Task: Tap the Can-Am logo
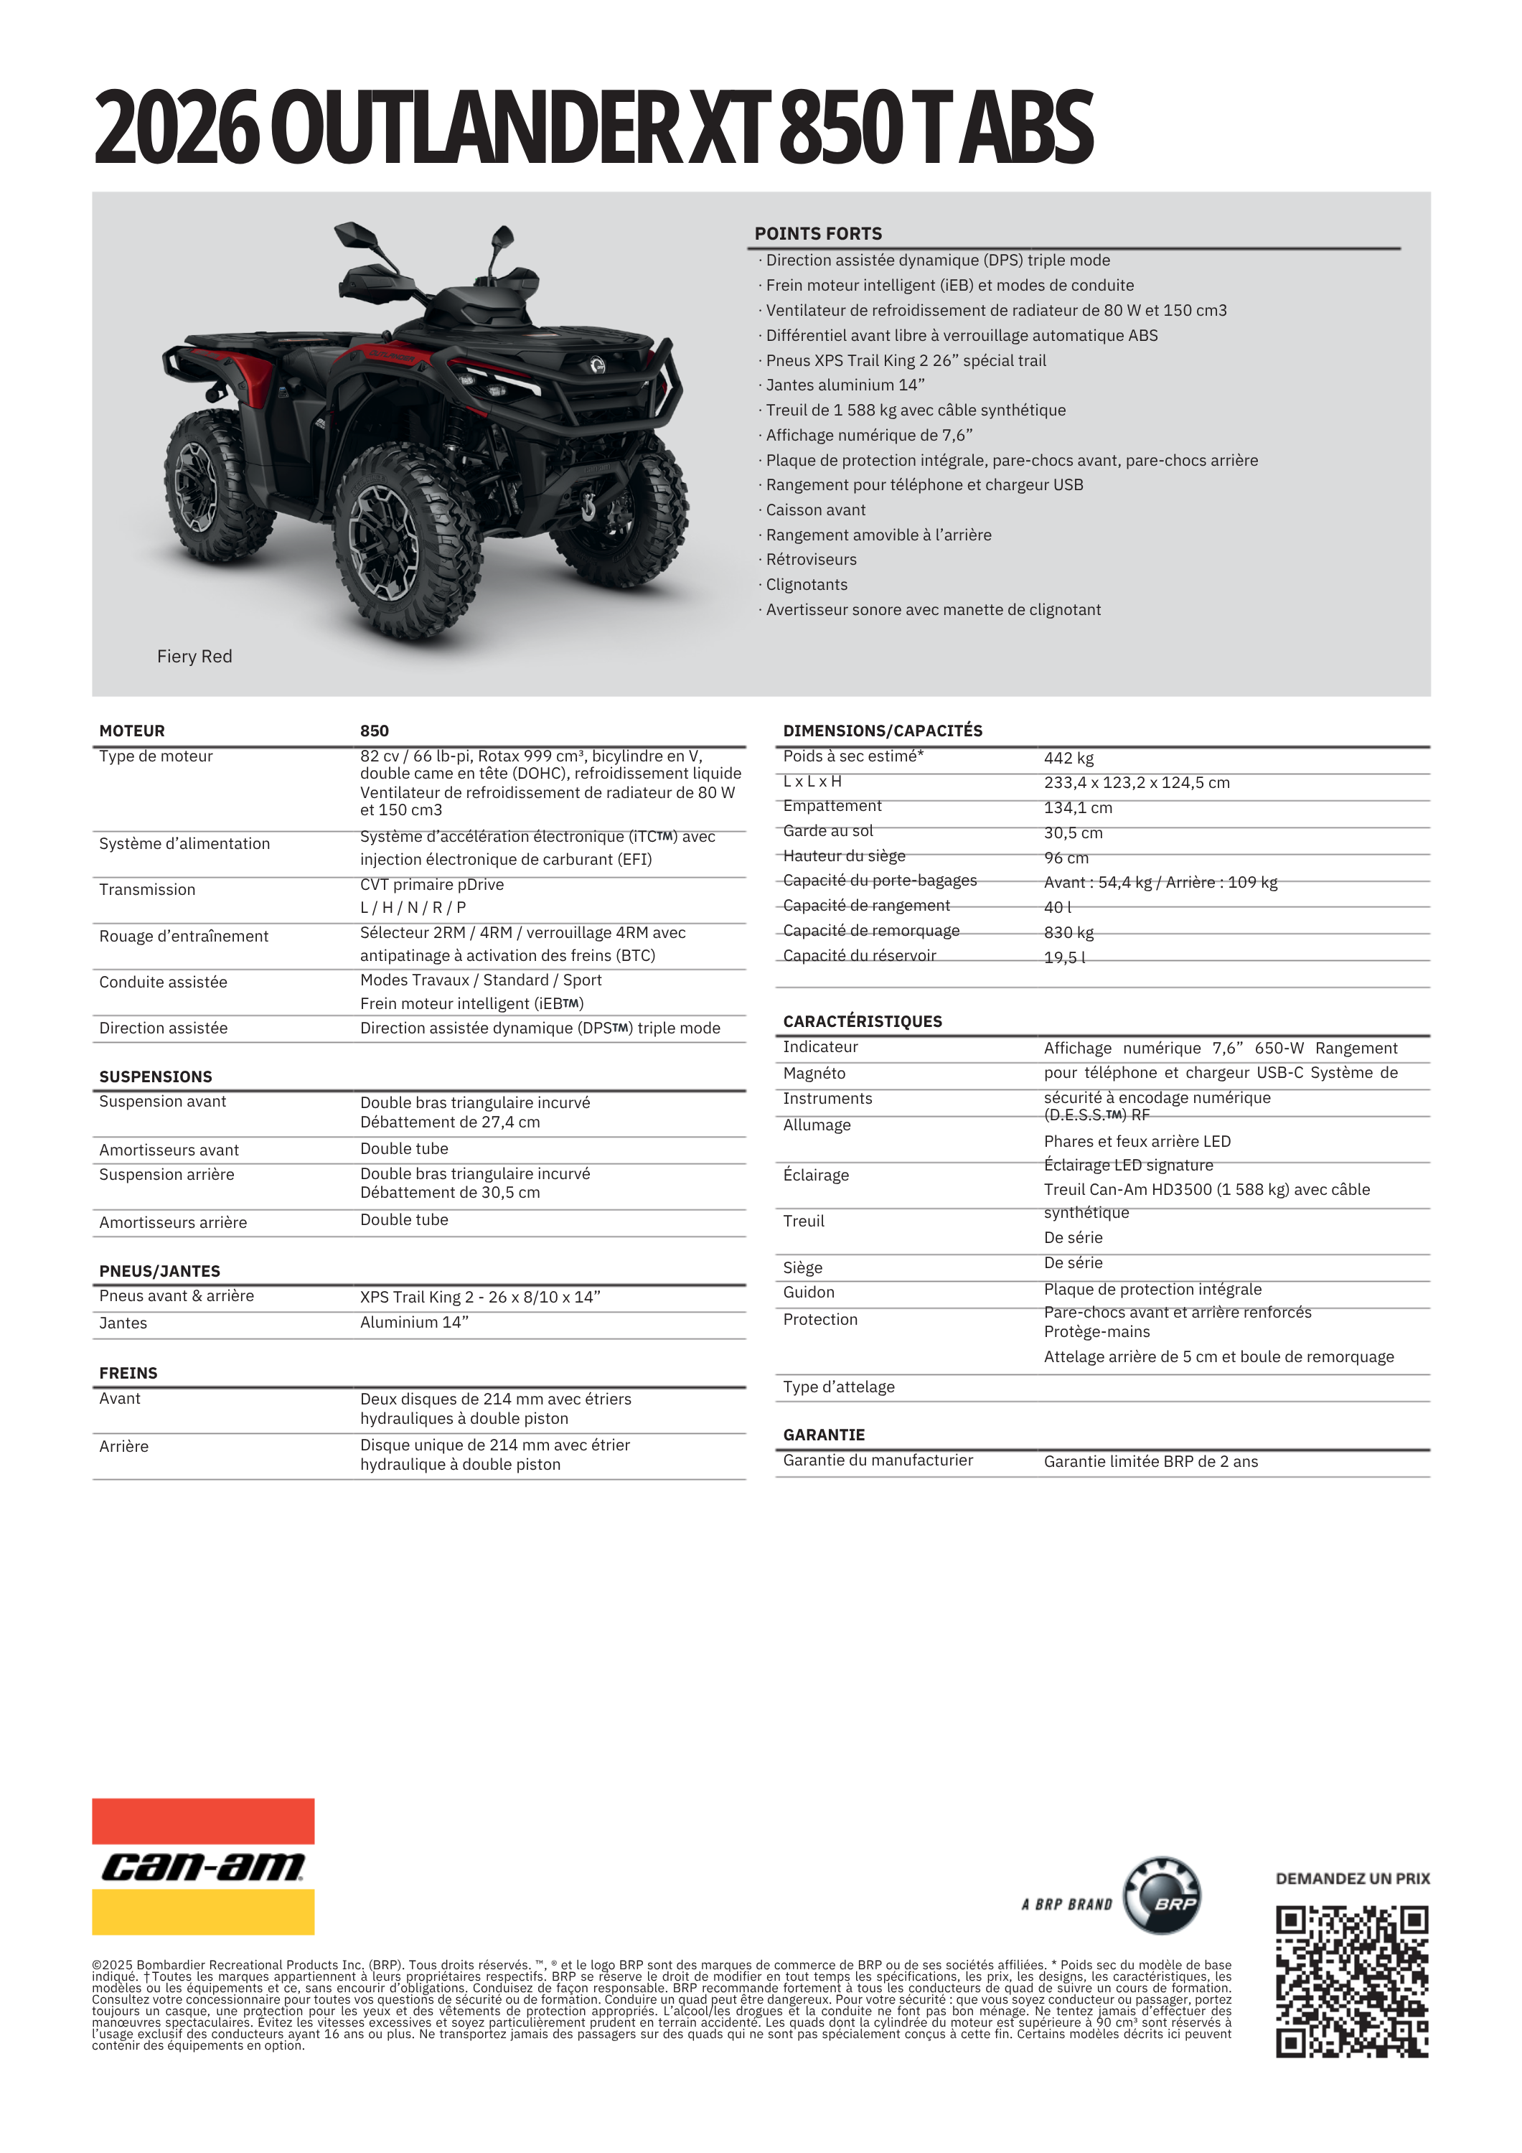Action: [x=202, y=1866]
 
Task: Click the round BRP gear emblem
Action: [x=1162, y=1895]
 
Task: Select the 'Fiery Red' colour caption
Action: [x=194, y=657]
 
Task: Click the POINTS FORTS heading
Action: [x=818, y=233]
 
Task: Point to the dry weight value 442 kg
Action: [x=1068, y=758]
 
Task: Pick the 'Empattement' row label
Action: [x=832, y=805]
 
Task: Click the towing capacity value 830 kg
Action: [x=1068, y=932]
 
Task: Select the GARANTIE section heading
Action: [x=823, y=1435]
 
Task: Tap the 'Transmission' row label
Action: [x=147, y=889]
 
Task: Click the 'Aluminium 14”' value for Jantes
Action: [x=413, y=1322]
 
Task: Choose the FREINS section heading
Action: [x=128, y=1373]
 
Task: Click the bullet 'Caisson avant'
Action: [x=815, y=509]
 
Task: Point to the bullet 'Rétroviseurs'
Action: [x=810, y=559]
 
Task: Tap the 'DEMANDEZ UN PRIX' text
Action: [x=1351, y=1878]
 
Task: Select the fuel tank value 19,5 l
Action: [x=1064, y=957]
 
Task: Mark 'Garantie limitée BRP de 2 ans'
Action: [x=1150, y=1461]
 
